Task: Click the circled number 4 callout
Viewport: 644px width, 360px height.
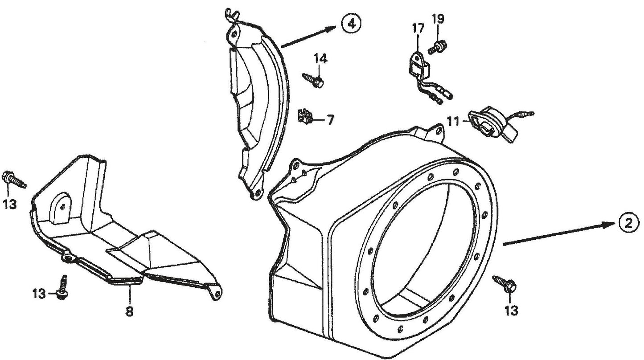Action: point(351,25)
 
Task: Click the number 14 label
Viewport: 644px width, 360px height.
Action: point(320,59)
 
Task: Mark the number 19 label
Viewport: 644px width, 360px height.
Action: point(438,19)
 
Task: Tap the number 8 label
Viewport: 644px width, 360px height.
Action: point(129,312)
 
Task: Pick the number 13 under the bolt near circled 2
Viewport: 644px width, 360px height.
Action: point(512,311)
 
